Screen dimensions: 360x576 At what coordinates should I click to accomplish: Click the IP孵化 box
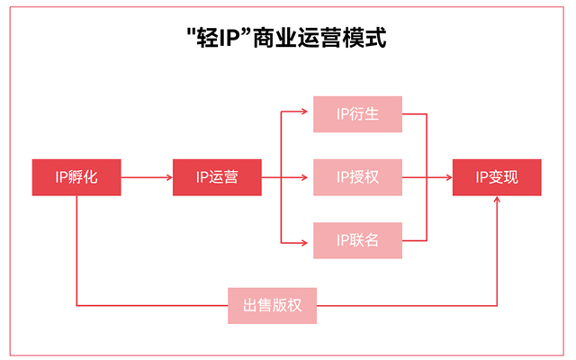(x=76, y=177)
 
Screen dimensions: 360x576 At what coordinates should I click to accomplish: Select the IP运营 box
(x=217, y=177)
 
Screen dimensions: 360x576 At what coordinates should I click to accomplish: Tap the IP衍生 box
(x=357, y=114)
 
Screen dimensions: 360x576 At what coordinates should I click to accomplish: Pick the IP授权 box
(x=357, y=177)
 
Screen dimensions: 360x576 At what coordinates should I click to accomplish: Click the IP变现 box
(x=497, y=177)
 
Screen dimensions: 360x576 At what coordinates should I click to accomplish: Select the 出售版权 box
(x=274, y=305)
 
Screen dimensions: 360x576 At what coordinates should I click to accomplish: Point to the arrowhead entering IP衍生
(x=308, y=114)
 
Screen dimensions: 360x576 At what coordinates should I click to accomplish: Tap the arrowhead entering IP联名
(x=308, y=240)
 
